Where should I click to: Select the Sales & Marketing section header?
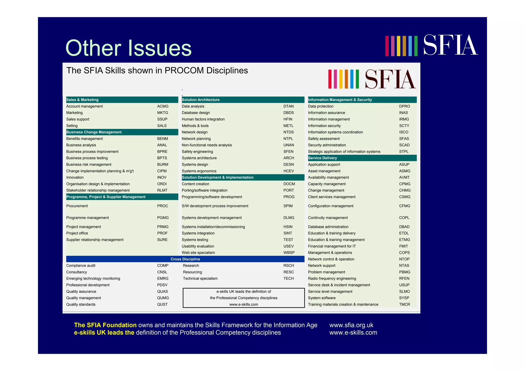coord(82,100)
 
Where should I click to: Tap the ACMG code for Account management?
coord(163,106)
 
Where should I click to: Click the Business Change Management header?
coord(94,132)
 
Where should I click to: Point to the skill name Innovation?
coord(75,177)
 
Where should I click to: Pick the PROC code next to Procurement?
coord(163,206)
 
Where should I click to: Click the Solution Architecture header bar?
coord(200,100)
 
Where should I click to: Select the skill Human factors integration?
coord(203,119)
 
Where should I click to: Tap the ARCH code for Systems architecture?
coord(289,158)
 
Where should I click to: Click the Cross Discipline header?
coord(185,259)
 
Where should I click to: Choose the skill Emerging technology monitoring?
coord(93,278)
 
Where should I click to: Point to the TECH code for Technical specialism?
coord(288,278)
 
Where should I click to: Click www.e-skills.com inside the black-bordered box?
coord(244,304)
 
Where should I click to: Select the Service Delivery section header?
coord(322,158)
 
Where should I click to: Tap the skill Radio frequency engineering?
coord(332,278)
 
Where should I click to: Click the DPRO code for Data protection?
coord(404,106)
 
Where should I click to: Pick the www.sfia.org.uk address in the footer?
coord(351,325)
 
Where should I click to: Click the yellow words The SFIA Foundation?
coord(105,325)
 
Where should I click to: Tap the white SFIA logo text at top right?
coord(450,45)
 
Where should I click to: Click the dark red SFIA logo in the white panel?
coord(390,79)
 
